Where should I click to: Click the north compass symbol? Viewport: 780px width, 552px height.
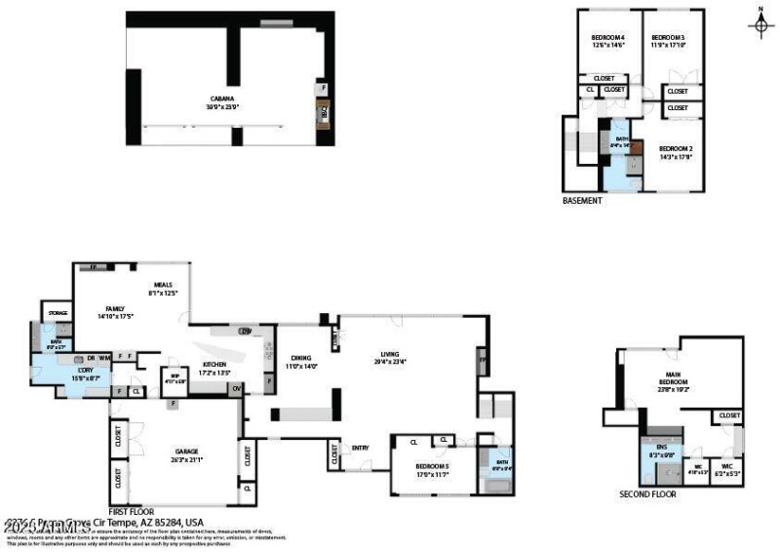tap(761, 24)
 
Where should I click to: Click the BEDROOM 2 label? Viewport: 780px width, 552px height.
tap(676, 148)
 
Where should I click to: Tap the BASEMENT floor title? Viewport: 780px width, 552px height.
tap(582, 201)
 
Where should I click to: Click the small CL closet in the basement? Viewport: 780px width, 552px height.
tap(590, 90)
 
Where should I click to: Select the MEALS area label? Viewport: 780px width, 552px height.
tap(163, 284)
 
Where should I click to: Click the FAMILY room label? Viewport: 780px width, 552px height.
tap(115, 309)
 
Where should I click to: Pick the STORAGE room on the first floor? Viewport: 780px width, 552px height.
tap(57, 313)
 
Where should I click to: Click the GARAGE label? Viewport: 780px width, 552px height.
tap(186, 451)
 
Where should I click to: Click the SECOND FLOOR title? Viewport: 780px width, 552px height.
tap(647, 493)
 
